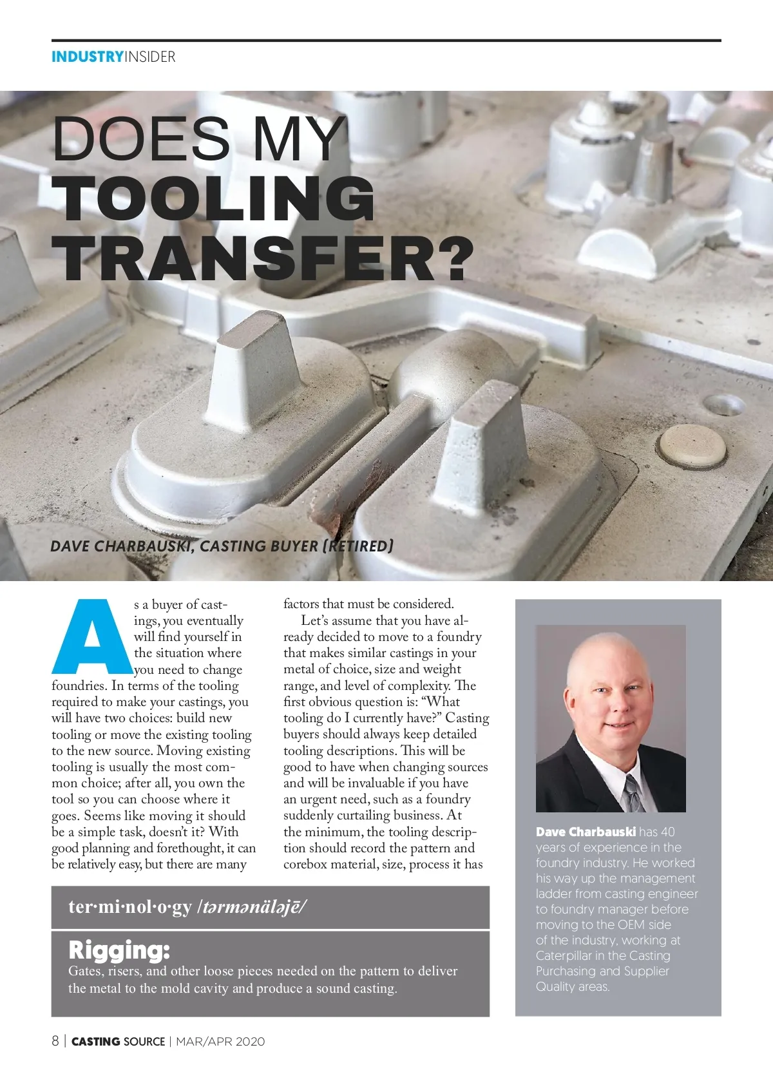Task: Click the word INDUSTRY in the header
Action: click(87, 57)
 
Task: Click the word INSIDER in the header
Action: click(149, 57)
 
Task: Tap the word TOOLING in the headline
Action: click(213, 199)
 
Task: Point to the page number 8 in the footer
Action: click(55, 1041)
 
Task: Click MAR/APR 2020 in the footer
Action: click(220, 1042)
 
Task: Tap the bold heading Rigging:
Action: click(119, 950)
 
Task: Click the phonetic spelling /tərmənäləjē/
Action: click(253, 907)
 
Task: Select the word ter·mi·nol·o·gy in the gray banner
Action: click(130, 907)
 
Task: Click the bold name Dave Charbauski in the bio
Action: click(586, 832)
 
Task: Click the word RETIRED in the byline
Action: click(358, 546)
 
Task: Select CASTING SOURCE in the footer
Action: click(118, 1042)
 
